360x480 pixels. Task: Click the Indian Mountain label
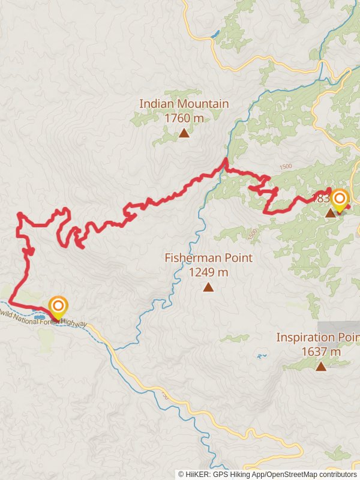[x=184, y=104]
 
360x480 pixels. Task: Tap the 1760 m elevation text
[x=184, y=118]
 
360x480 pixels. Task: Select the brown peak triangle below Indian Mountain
[x=184, y=133]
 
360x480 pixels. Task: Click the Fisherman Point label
[x=208, y=258]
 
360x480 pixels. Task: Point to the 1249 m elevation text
[x=208, y=272]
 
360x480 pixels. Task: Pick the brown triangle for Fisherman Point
[x=208, y=287]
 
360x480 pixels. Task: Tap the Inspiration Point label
[x=317, y=337]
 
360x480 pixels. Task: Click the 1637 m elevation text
[x=321, y=352]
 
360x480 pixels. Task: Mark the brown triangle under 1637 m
[x=321, y=367]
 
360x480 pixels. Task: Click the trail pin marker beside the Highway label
[x=58, y=307]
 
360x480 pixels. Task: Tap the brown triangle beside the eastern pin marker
[x=330, y=213]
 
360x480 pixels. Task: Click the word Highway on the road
[x=74, y=323]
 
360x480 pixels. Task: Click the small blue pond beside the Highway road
[x=40, y=314]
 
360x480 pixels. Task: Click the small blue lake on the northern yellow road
[x=215, y=34]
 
